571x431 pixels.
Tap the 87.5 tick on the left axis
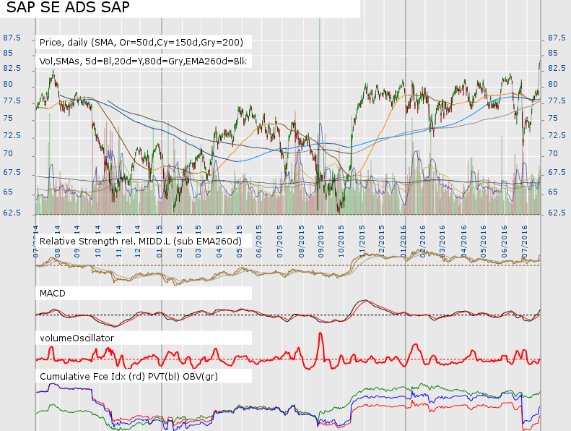pyautogui.click(x=12, y=38)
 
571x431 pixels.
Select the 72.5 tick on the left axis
pyautogui.click(x=12, y=136)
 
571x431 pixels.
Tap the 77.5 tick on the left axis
pyautogui.click(x=12, y=101)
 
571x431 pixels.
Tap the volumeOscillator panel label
pyautogui.click(x=77, y=338)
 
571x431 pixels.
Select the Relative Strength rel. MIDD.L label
pyautogui.click(x=140, y=240)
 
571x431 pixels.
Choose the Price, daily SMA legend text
pyautogui.click(x=141, y=42)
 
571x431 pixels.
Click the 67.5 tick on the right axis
pyautogui.click(x=557, y=172)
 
